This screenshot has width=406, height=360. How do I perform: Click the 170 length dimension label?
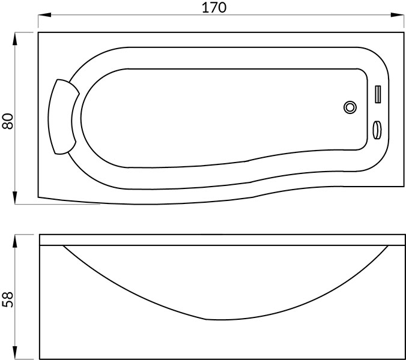click(x=214, y=7)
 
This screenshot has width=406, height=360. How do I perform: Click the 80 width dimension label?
click(x=8, y=121)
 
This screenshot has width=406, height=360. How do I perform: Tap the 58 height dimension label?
click(x=8, y=300)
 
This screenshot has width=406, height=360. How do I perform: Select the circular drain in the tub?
click(x=350, y=107)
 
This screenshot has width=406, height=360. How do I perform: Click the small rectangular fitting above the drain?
click(x=378, y=94)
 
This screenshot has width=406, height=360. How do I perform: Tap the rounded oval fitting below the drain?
click(x=377, y=130)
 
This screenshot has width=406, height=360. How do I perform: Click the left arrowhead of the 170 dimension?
click(x=44, y=15)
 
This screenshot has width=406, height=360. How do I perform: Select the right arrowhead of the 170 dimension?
click(x=397, y=15)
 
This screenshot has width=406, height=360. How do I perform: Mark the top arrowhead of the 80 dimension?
click(x=15, y=39)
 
